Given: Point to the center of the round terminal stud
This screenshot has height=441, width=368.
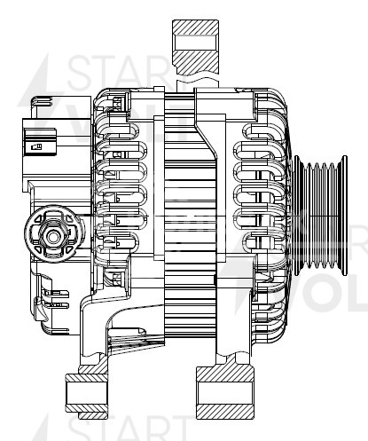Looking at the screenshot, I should pos(49,234).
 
